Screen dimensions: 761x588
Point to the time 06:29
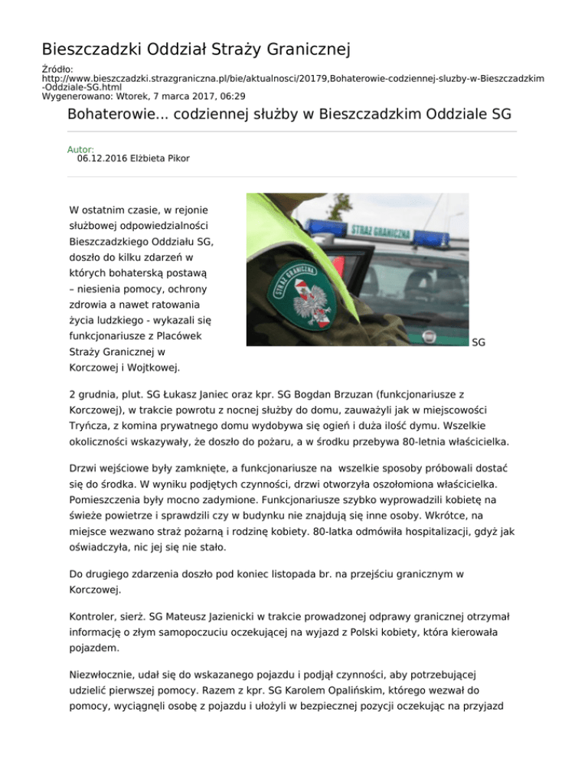[230, 96]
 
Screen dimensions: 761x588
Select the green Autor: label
[80, 149]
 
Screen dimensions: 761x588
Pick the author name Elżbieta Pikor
[163, 158]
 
